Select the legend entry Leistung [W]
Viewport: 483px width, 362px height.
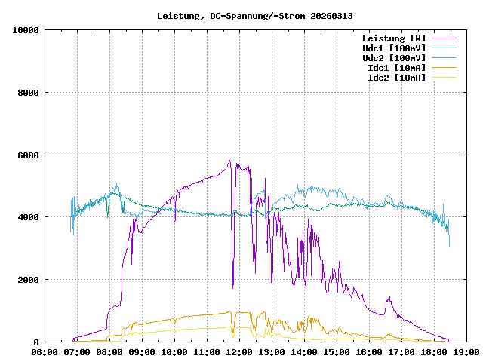pyautogui.click(x=394, y=38)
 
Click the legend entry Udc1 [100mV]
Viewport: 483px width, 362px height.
pyautogui.click(x=394, y=48)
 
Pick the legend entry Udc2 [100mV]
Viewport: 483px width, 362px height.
pyautogui.click(x=394, y=57)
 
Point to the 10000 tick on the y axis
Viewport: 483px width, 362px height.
pyautogui.click(x=26, y=30)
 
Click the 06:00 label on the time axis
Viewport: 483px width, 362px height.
pyautogui.click(x=45, y=352)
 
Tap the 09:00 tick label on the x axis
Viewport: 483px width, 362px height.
pyautogui.click(x=142, y=352)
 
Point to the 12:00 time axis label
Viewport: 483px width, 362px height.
pyautogui.click(x=239, y=352)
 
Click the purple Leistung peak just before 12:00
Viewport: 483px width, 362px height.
pyautogui.click(x=229, y=160)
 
